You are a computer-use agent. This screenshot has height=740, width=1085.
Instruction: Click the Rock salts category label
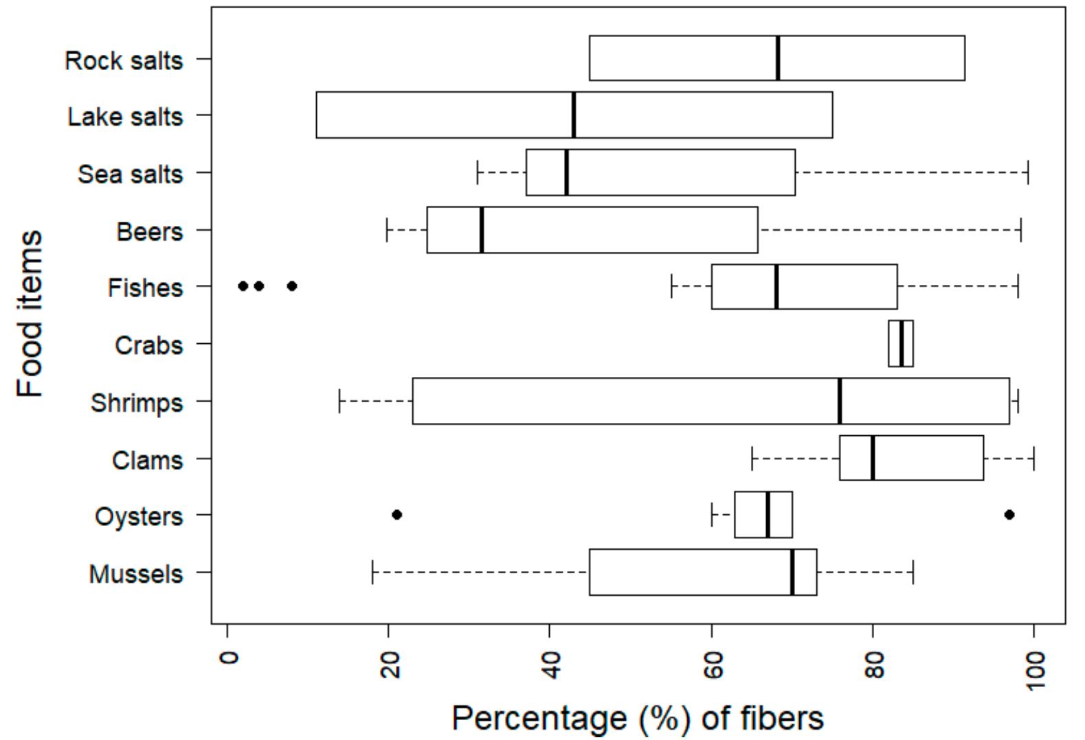coord(124,60)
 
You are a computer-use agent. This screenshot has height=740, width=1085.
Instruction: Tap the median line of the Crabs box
coord(901,343)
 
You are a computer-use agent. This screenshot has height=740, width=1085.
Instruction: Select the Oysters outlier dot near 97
coord(1009,515)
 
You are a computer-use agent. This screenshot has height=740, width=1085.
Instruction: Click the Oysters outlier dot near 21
coord(396,515)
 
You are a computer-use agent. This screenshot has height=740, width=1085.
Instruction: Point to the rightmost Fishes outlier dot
coord(292,286)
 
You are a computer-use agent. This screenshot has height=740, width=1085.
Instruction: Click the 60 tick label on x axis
coord(713,664)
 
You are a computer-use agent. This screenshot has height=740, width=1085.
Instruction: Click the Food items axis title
coord(30,314)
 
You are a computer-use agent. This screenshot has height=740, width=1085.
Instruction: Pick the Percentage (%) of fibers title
coord(637,718)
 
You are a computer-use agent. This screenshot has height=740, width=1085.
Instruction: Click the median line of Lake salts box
coord(574,115)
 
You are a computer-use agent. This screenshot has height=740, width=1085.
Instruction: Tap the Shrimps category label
coord(137,403)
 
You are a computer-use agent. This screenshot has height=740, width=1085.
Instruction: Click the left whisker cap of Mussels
coord(372,572)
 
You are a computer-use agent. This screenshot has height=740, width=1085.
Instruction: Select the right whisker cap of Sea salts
coord(1028,172)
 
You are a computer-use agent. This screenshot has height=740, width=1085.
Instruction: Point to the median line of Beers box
coord(482,230)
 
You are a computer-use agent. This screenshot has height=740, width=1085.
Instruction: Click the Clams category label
coord(147,460)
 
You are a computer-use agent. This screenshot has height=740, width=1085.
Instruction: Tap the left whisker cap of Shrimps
coord(339,401)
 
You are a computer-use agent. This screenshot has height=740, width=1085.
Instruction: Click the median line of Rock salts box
coord(778,58)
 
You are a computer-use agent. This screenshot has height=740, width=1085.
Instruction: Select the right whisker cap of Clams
coord(1033,458)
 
